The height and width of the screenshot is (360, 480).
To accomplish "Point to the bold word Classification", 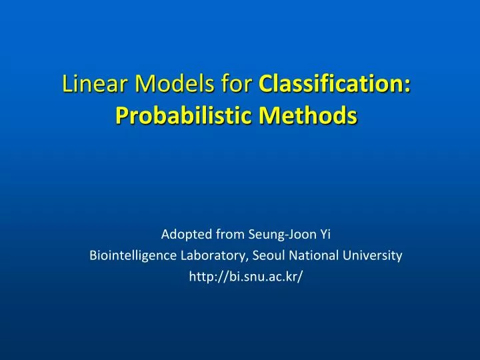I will point(331,85).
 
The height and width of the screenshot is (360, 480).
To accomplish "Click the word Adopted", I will point(185,234).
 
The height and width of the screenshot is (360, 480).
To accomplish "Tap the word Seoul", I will point(253,255).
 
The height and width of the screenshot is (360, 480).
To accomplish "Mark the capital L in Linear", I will point(67,85).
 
